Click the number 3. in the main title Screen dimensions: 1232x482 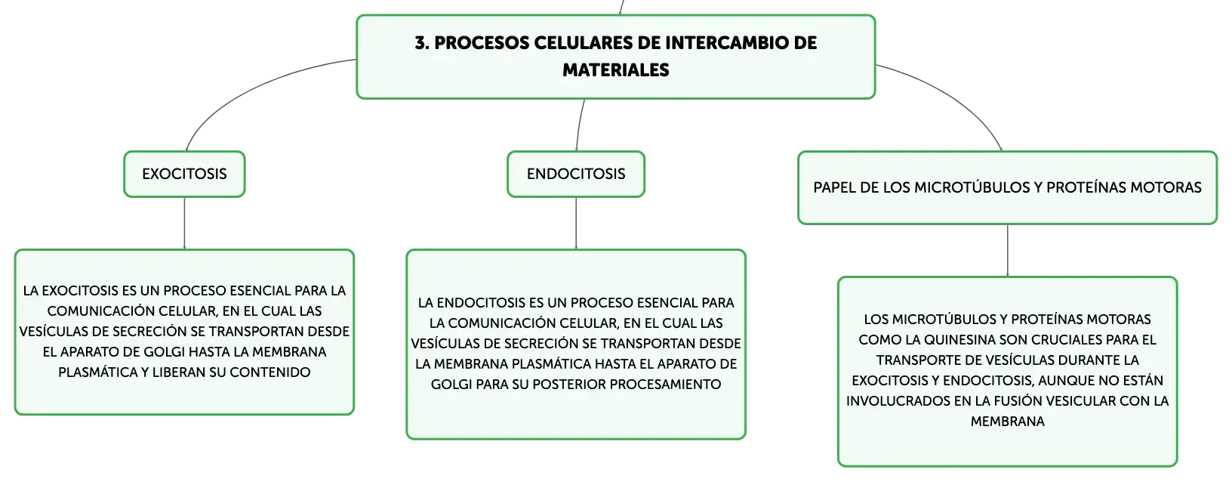(422, 43)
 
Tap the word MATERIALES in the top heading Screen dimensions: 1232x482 (615, 70)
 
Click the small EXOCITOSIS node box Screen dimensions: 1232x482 (184, 174)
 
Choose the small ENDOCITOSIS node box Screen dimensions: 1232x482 (576, 174)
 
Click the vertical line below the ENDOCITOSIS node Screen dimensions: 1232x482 (576, 223)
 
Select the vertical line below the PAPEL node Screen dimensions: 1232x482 (1008, 250)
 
